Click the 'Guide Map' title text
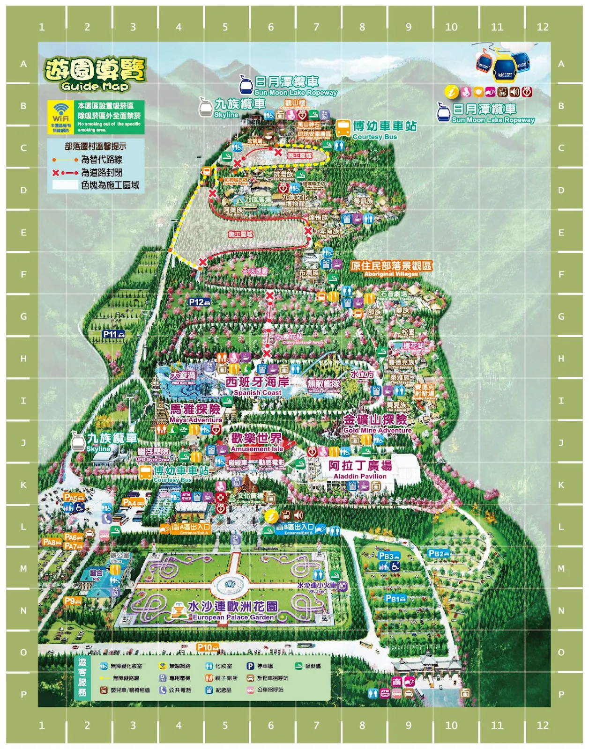pyautogui.click(x=95, y=87)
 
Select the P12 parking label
pyautogui.click(x=199, y=302)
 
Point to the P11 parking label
pyautogui.click(x=114, y=334)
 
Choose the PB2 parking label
pyautogui.click(x=439, y=553)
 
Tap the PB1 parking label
pyautogui.click(x=395, y=599)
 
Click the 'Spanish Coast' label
pyautogui.click(x=257, y=392)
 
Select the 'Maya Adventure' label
pyautogui.click(x=195, y=420)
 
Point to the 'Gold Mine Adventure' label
pyautogui.click(x=377, y=430)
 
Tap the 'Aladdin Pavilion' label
pyautogui.click(x=360, y=476)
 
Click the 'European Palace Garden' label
pyautogui.click(x=233, y=617)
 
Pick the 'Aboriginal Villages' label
pyautogui.click(x=391, y=274)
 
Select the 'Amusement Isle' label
pyautogui.click(x=257, y=448)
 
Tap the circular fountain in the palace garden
pyautogui.click(x=230, y=585)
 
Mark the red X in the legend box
pyautogui.click(x=56, y=173)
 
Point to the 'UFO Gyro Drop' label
pyautogui.click(x=153, y=459)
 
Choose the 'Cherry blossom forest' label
pyautogui.click(x=303, y=343)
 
